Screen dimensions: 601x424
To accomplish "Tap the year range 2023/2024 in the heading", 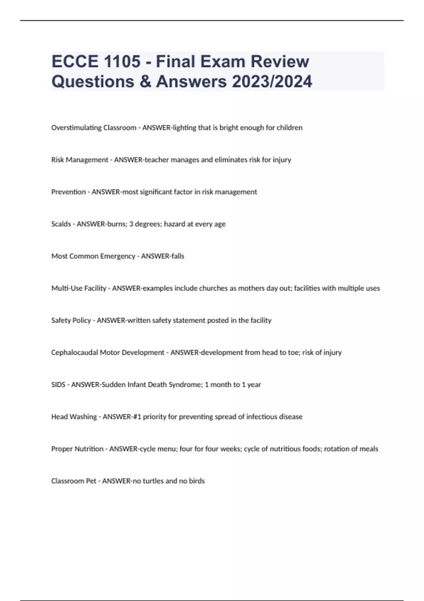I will pos(272,81).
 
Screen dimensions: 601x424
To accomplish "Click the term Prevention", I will pos(69,192).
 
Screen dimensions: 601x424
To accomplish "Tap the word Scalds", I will pos(61,224).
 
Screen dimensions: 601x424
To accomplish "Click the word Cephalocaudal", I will pos(75,352).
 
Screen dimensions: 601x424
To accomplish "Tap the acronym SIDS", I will pos(58,385).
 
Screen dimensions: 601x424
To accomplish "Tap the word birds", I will pos(197,481).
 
